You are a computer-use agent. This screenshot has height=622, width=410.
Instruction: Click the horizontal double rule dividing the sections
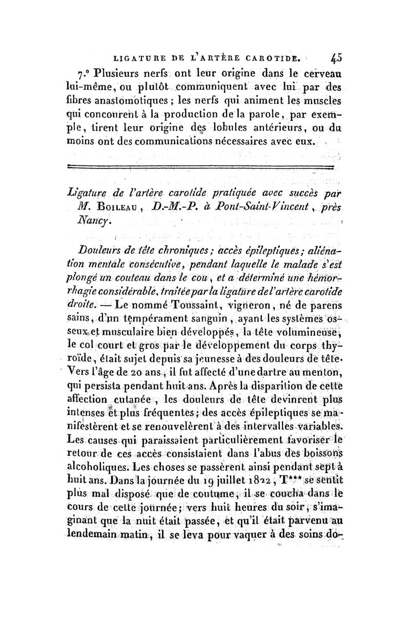click(x=201, y=166)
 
